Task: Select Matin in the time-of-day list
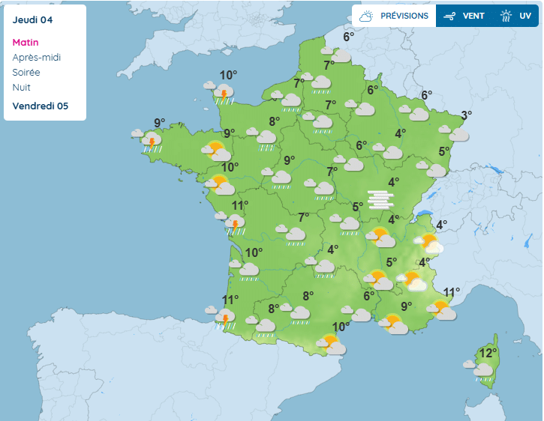tap(26, 43)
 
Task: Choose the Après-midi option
tap(37, 58)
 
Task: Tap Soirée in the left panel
tap(26, 73)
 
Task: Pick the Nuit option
tap(21, 88)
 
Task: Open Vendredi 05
tap(41, 106)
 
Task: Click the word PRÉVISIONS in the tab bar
tap(404, 16)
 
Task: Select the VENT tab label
tap(473, 16)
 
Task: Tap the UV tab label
tap(525, 16)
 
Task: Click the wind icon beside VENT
tap(449, 16)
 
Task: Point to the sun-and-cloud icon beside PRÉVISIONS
tap(367, 16)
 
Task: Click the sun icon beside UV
tap(506, 16)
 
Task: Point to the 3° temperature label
tap(467, 115)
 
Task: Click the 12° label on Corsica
tap(488, 353)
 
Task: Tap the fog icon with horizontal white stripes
tap(380, 199)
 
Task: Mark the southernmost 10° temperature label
tap(341, 327)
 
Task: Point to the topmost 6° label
tap(349, 37)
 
